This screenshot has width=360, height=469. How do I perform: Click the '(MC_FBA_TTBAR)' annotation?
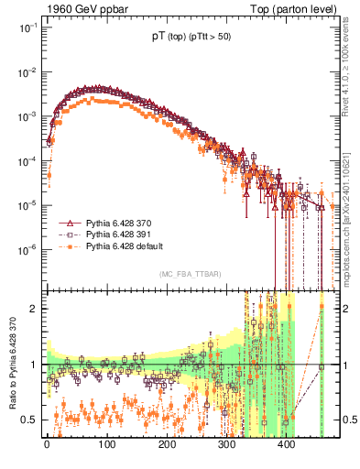pyautogui.click(x=189, y=275)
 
